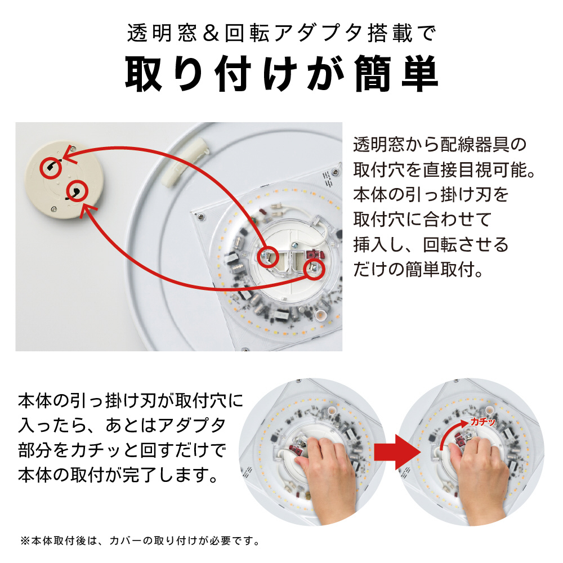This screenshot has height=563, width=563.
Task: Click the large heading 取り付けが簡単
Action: coord(281,74)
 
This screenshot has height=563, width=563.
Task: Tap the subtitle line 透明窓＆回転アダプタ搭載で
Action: coord(281,34)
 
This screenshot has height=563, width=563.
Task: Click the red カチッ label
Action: coord(482,422)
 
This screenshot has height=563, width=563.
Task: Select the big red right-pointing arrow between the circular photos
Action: coord(396,452)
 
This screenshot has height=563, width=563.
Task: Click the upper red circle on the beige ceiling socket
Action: coord(50,168)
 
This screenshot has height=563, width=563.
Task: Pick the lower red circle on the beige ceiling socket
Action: coord(77,191)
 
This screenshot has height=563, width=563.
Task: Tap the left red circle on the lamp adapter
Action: coord(268,257)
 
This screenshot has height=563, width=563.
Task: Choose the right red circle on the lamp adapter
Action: coord(314,269)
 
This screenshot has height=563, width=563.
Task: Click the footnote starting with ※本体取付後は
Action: coord(140,540)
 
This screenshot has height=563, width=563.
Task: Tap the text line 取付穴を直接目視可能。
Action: coord(444,170)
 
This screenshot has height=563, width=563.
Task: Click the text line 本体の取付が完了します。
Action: coord(118,475)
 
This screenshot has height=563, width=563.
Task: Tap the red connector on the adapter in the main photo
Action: coord(315,254)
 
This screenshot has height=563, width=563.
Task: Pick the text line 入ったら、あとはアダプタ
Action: coord(122,426)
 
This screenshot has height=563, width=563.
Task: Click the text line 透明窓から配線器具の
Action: coord(440,145)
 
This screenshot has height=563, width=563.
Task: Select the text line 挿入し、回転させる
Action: coord(431,244)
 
